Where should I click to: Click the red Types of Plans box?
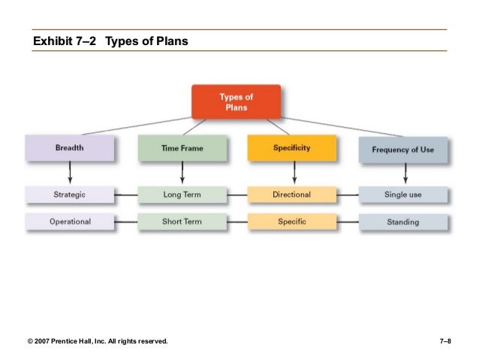click(236, 101)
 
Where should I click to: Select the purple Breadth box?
click(69, 149)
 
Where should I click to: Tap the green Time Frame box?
click(182, 149)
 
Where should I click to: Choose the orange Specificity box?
click(292, 148)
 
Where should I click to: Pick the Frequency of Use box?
click(402, 150)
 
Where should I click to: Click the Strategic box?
click(69, 195)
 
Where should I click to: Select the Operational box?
click(69, 222)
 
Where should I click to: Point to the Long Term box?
click(182, 195)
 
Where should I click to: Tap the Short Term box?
click(182, 222)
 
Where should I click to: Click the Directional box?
click(292, 195)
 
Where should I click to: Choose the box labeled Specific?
click(292, 222)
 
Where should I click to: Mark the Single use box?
click(403, 195)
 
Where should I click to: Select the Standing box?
click(403, 222)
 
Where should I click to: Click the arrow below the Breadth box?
click(69, 173)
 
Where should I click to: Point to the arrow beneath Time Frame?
click(182, 173)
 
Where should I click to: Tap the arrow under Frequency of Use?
click(405, 174)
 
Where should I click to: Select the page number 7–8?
click(444, 342)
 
